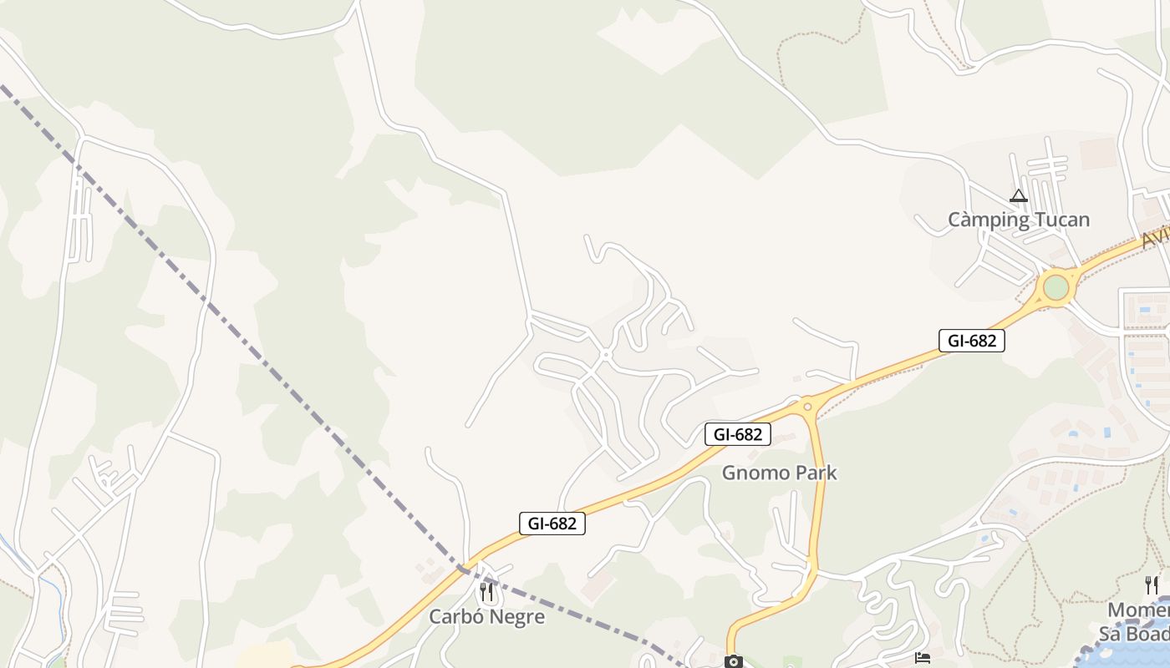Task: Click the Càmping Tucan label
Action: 1018,220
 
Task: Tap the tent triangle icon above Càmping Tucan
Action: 1018,196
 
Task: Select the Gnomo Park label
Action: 779,473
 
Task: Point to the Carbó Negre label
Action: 486,617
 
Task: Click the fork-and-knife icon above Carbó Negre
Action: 486,592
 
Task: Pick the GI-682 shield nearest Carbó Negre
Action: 552,524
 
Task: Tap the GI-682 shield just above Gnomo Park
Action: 737,434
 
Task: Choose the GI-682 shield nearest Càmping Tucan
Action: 971,341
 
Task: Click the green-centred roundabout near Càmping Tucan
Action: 1056,287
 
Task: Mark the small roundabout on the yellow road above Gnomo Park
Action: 807,407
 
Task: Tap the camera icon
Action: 733,662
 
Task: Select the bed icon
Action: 922,660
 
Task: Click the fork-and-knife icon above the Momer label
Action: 1152,584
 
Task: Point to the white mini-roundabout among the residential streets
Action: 606,355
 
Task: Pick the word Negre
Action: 518,617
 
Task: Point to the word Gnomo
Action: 750,473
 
